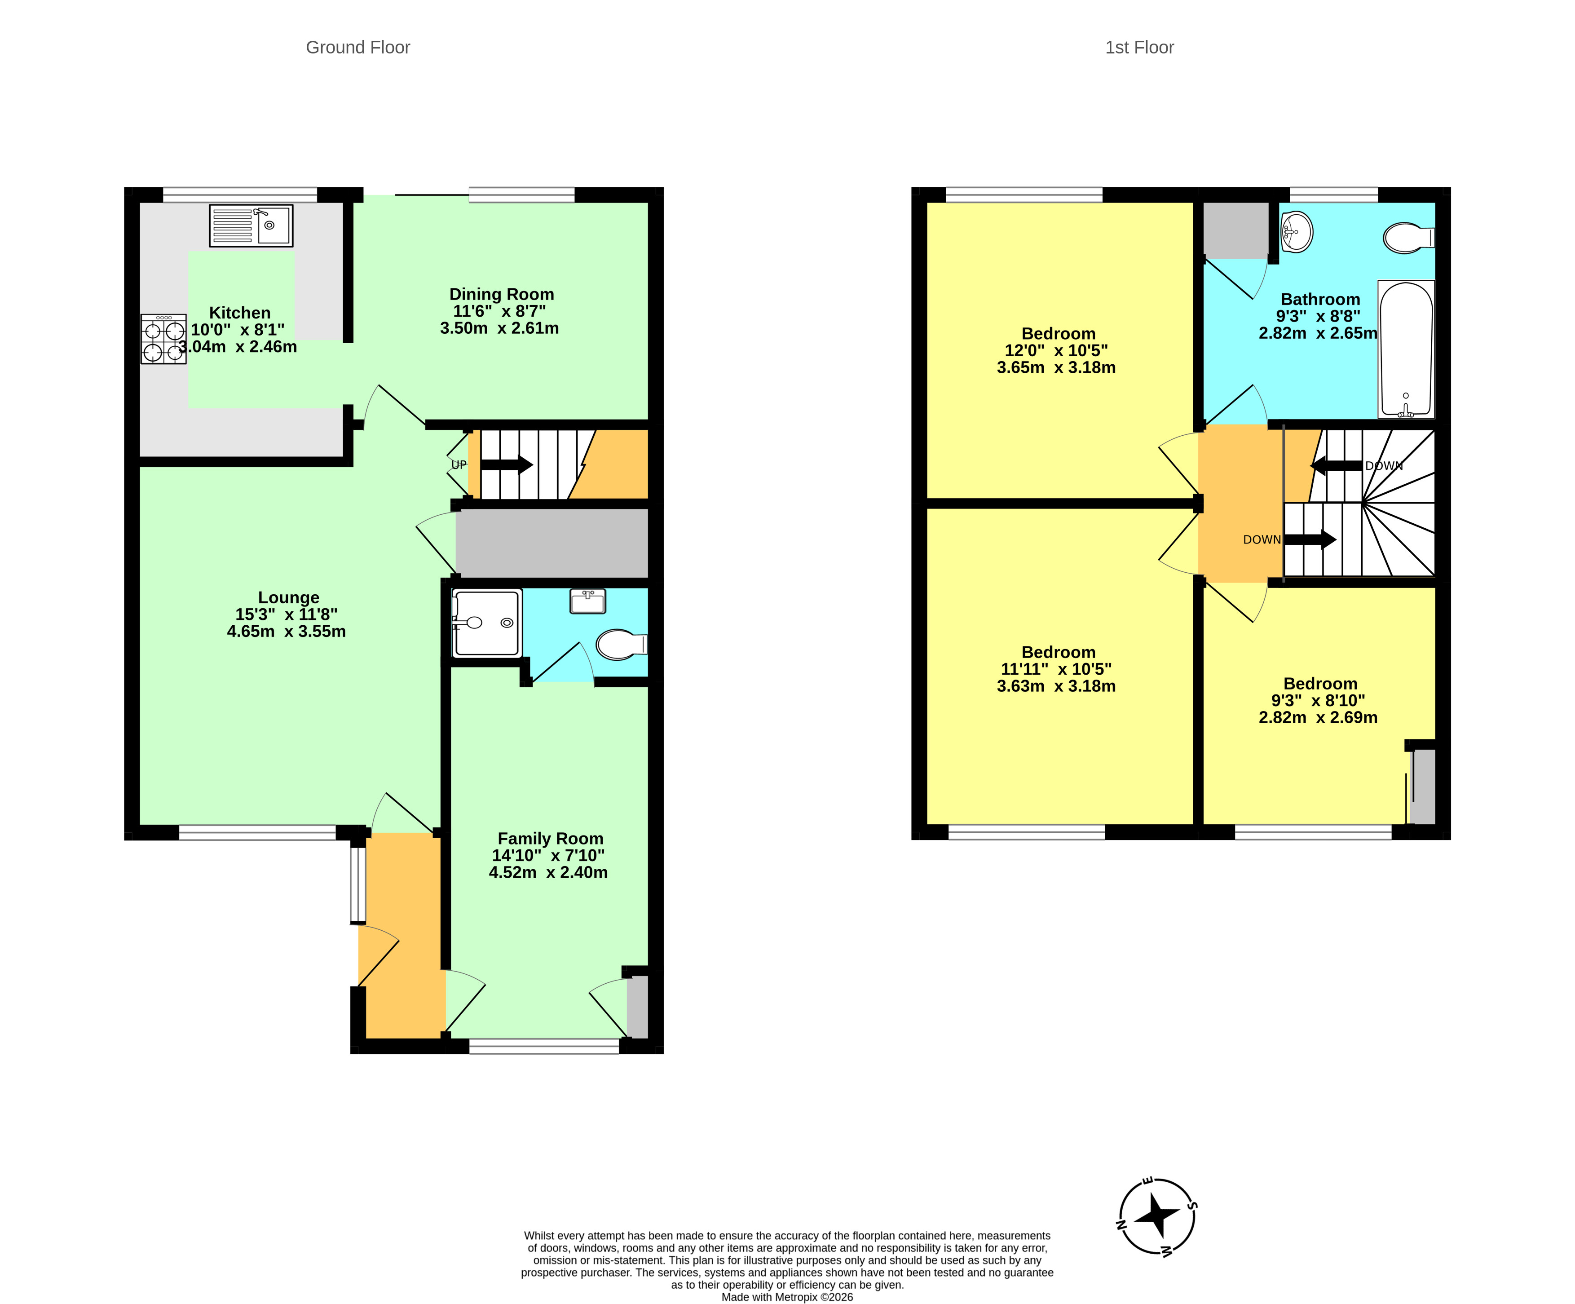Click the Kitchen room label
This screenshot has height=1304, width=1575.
click(239, 313)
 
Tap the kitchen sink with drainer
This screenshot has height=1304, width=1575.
click(251, 226)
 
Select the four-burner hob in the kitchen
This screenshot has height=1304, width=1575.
click(163, 339)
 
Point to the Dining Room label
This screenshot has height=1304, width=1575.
click(501, 294)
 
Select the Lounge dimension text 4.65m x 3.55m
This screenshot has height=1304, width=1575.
click(287, 632)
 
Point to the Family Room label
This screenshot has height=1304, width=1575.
click(551, 839)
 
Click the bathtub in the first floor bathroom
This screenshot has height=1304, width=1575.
click(1406, 349)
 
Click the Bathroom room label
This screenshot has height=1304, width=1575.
click(1320, 299)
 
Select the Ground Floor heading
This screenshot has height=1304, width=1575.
click(358, 47)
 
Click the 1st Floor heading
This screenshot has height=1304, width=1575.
click(1139, 47)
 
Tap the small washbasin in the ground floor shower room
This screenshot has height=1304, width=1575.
click(587, 601)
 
